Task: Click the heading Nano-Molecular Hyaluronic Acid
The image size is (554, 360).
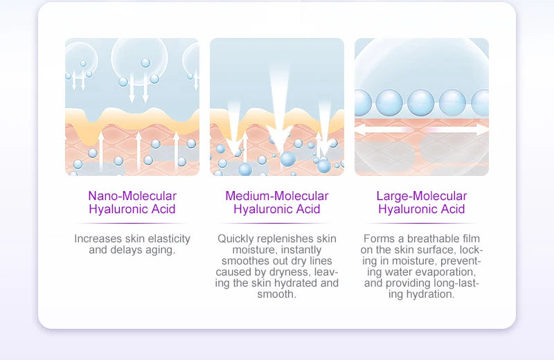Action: pos(132,202)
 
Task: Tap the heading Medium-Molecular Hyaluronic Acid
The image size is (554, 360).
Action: pos(277,202)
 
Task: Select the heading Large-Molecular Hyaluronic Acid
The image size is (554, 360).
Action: pos(422,202)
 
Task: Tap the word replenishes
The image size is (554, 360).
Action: pos(285,239)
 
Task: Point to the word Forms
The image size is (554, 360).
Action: pos(377,239)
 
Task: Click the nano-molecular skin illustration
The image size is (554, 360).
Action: pos(132,107)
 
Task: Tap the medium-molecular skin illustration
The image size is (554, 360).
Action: pos(277,107)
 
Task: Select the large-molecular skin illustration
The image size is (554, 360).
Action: pos(422,107)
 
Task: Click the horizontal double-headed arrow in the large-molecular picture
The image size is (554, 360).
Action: pos(422,129)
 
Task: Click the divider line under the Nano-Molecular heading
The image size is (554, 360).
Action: pos(132,223)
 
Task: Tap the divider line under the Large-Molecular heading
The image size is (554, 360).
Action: pos(422,223)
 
